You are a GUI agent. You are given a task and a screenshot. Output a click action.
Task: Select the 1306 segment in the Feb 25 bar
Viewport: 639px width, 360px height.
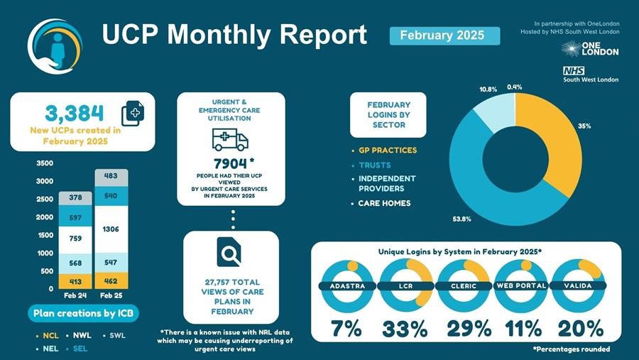tap(111, 229)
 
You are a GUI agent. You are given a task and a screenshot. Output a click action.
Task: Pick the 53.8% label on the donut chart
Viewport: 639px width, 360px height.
tap(462, 219)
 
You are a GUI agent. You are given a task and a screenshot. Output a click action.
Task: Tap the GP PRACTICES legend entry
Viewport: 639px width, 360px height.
tap(388, 151)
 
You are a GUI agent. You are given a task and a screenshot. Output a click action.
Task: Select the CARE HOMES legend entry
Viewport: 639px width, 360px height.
tap(384, 203)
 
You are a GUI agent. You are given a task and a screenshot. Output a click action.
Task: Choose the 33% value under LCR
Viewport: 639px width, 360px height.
tap(405, 329)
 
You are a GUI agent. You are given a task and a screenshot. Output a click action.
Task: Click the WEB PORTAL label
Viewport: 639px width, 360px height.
tap(521, 285)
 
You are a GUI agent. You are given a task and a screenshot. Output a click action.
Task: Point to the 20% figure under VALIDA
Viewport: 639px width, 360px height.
tap(580, 329)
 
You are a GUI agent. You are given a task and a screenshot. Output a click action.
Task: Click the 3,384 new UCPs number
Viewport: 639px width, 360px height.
tap(74, 113)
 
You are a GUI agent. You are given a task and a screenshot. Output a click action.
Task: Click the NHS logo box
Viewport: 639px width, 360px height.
tap(574, 70)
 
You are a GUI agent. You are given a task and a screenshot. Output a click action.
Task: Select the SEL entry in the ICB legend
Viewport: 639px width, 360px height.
tap(80, 349)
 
